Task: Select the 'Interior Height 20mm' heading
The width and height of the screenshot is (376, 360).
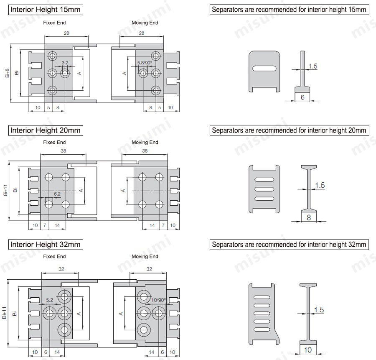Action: pos(45,130)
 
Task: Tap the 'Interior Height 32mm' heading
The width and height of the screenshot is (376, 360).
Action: pos(45,244)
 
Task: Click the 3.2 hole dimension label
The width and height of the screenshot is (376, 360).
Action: pos(64,63)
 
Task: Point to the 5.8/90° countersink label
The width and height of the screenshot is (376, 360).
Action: pos(145,63)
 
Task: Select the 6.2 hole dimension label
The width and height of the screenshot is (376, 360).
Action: pos(57,194)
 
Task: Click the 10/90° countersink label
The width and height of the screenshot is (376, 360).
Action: pos(159,300)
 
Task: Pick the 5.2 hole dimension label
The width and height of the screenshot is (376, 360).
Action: pos(49,300)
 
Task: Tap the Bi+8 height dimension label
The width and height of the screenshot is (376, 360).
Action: pos(7,73)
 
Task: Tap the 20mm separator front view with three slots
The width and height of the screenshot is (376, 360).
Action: pos(264,189)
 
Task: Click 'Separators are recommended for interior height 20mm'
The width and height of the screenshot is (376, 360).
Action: pos(289,130)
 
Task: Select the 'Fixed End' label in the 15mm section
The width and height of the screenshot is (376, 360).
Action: pos(54,23)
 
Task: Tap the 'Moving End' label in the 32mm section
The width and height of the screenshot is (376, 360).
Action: pos(145,256)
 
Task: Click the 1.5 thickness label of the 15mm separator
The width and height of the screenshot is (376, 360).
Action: pos(312,66)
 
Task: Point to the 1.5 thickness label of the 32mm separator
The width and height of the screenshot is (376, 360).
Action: pos(318,310)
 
